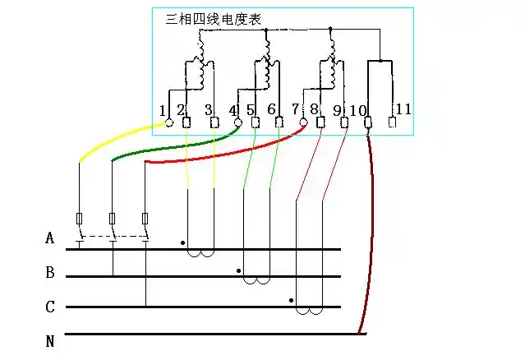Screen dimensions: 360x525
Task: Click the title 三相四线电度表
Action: pos(214,19)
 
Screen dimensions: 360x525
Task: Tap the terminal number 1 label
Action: pos(163,109)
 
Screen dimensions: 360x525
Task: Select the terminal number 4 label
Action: pos(233,109)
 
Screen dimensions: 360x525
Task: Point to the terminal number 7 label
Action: pos(295,109)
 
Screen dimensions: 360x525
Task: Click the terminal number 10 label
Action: pos(358,109)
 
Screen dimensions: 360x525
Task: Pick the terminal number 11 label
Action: pos(403,109)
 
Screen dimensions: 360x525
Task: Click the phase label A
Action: pos(50,239)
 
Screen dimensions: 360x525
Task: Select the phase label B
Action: pos(50,272)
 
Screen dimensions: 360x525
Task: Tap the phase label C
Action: pos(50,307)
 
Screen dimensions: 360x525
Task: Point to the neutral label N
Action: pos(50,340)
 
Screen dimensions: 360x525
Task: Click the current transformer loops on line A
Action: pos(201,252)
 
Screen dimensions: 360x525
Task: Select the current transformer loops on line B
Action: pos(256,280)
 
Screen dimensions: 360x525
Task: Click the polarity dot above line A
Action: pos(182,243)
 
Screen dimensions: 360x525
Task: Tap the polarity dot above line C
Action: pos(292,300)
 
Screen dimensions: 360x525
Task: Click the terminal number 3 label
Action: pos(208,109)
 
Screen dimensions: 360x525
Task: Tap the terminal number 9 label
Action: pos(337,109)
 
